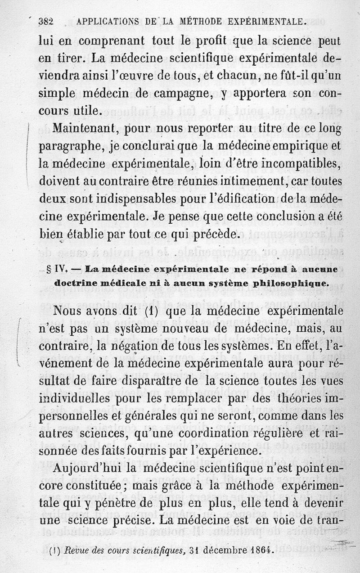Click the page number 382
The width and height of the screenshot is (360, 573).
(x=46, y=21)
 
